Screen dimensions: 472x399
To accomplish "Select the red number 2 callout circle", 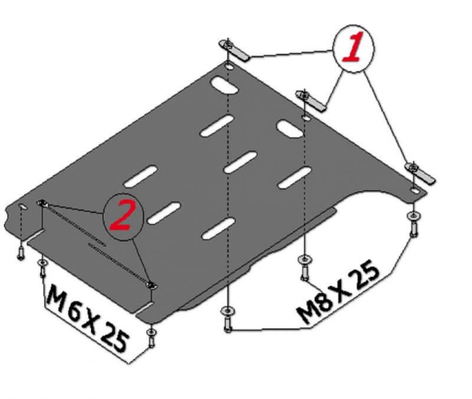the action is [x=123, y=216].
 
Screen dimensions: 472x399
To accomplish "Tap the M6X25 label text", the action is [x=87, y=319].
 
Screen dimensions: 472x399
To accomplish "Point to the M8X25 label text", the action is [x=337, y=291].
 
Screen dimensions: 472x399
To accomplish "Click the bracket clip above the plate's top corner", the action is [x=234, y=50].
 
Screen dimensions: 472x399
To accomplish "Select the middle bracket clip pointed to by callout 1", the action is [x=311, y=101].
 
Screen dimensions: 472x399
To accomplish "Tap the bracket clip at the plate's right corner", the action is [x=420, y=173].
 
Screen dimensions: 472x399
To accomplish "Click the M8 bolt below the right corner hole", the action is [x=414, y=224].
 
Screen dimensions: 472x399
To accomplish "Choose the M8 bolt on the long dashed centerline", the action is [x=228, y=319].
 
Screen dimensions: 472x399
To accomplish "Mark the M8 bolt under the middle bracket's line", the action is [x=304, y=268].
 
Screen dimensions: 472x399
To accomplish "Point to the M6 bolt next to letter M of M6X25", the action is [x=42, y=268].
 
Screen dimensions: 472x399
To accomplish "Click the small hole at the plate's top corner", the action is [x=230, y=66].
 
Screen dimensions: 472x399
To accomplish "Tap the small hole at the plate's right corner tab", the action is [x=415, y=190].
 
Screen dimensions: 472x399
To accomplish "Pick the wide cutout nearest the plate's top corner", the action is [x=225, y=85].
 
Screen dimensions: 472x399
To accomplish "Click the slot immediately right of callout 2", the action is [x=163, y=213].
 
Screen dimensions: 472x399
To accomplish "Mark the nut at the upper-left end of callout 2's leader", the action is [x=42, y=203].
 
